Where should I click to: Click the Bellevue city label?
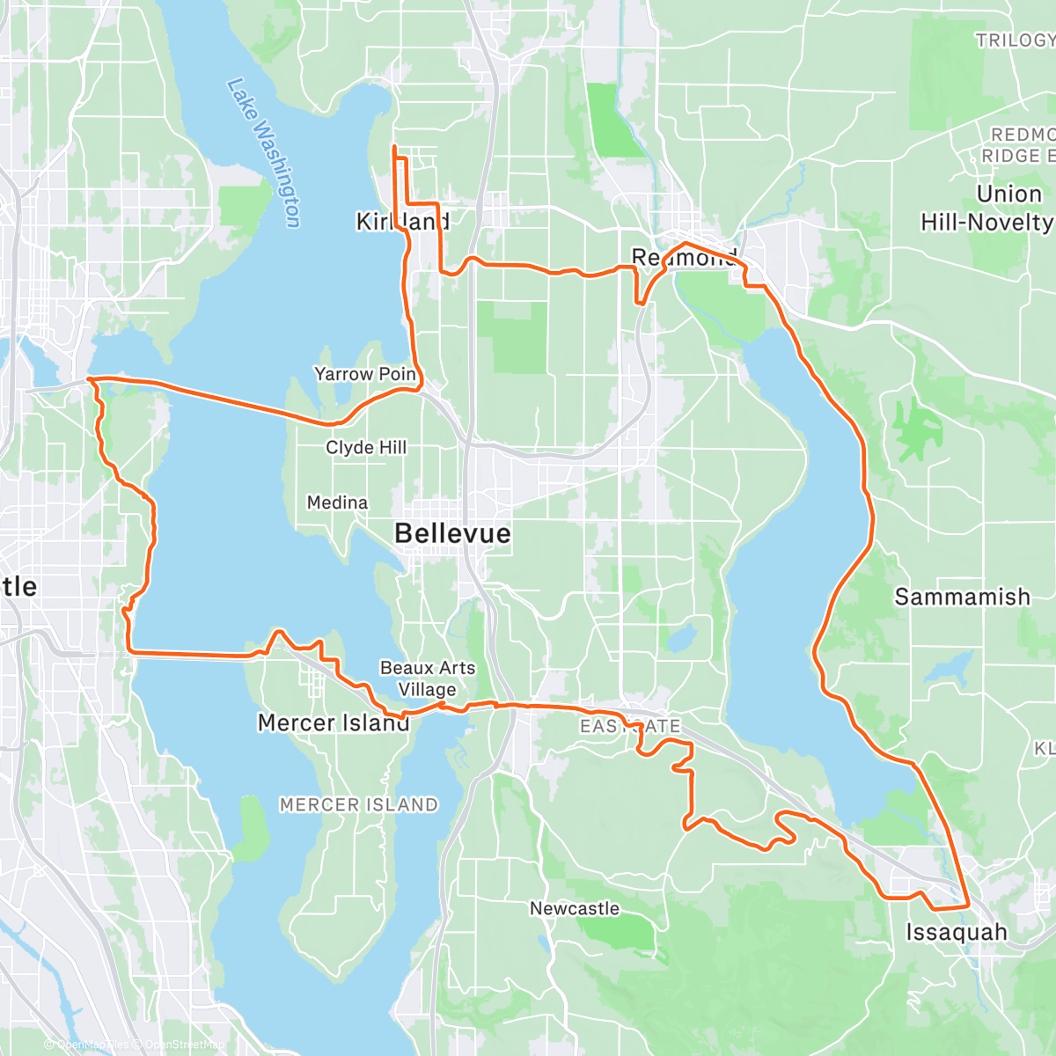[452, 533]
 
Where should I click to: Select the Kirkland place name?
[402, 222]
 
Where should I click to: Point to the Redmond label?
[684, 258]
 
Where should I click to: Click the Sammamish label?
[962, 597]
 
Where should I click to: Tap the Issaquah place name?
[957, 932]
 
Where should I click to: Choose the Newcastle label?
[574, 908]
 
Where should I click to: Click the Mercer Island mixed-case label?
[333, 723]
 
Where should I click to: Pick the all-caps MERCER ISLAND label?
[358, 804]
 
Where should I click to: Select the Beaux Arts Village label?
[428, 678]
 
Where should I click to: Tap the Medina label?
[337, 502]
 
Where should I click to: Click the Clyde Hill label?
[366, 447]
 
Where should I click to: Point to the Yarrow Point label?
[365, 374]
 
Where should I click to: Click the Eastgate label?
[630, 726]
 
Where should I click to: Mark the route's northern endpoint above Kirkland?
[393, 146]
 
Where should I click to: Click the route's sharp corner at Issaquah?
[968, 905]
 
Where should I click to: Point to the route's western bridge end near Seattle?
[90, 379]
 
